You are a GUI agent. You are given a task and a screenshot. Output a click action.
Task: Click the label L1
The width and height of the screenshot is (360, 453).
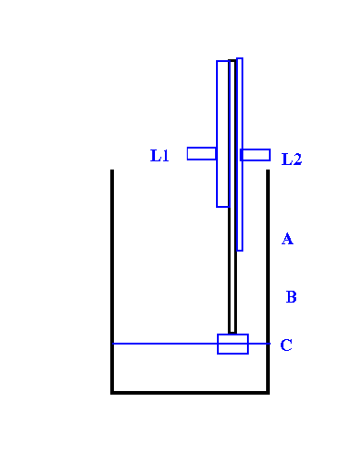click(159, 156)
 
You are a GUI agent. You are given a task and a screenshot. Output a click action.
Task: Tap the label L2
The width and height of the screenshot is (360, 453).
click(292, 159)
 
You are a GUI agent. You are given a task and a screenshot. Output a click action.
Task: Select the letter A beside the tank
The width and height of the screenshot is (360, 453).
click(287, 239)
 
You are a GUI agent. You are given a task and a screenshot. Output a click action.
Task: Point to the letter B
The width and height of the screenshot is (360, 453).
click(291, 296)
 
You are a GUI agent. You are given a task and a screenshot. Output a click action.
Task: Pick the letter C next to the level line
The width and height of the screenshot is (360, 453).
click(286, 345)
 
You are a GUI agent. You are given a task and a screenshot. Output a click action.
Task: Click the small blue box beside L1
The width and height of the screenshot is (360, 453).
click(201, 153)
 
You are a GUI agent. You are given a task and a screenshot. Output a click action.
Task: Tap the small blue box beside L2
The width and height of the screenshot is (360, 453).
click(255, 155)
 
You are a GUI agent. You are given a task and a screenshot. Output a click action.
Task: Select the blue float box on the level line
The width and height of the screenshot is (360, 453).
click(232, 344)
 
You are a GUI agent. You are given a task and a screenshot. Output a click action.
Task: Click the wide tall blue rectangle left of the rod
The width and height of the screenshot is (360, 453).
click(222, 134)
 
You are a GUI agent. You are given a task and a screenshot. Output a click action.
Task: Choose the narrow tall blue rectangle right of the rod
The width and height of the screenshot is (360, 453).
click(240, 154)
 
